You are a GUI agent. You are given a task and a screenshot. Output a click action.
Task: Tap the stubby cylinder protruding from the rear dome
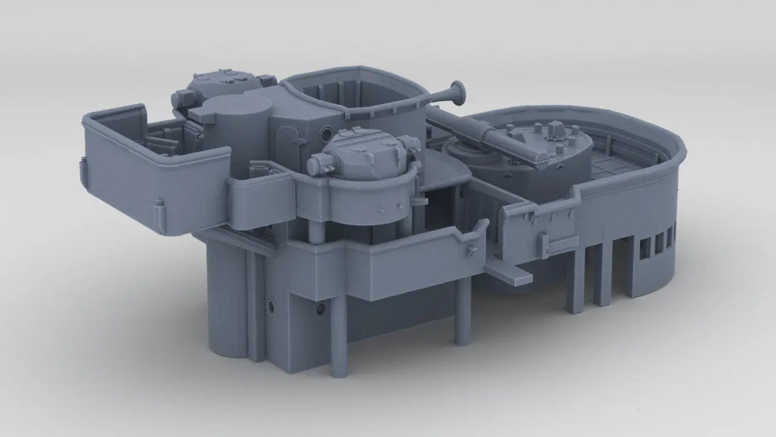click(x=182, y=98)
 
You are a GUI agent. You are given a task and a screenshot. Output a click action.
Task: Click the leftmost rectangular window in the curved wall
click(x=645, y=246)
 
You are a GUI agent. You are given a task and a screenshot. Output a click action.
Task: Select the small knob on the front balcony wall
click(x=470, y=252)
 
